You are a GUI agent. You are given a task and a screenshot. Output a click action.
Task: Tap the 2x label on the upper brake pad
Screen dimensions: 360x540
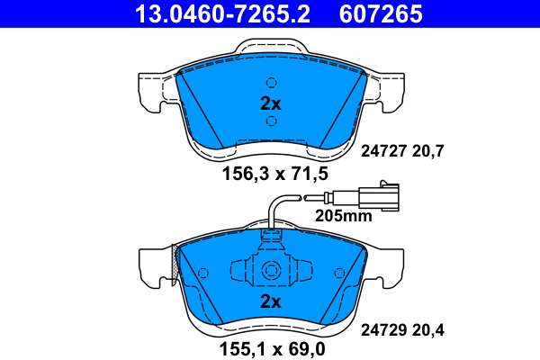pyautogui.click(x=271, y=103)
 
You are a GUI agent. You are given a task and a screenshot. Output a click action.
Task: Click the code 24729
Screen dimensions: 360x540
pyautogui.click(x=382, y=329)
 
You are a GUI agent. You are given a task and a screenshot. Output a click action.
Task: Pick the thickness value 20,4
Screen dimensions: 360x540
pyautogui.click(x=430, y=329)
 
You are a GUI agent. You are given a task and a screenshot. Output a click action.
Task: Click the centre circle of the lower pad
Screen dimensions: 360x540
pyautogui.click(x=271, y=270)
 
